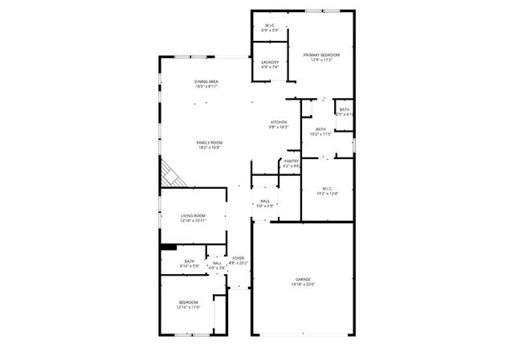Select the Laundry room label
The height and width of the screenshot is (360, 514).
click(x=270, y=62)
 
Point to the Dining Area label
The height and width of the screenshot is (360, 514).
click(x=206, y=82)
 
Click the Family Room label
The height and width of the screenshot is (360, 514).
click(x=208, y=142)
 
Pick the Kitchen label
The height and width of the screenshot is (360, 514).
click(x=278, y=122)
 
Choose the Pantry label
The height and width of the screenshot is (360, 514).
click(x=292, y=162)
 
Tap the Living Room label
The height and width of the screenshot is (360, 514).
click(x=193, y=215)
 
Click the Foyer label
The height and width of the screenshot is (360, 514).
click(x=239, y=258)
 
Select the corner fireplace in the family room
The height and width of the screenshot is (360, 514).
click(x=171, y=173)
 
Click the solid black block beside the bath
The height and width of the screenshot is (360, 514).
click(x=168, y=247)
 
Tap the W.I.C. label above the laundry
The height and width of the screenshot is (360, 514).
click(x=270, y=26)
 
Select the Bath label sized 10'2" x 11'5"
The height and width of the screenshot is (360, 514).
click(x=320, y=129)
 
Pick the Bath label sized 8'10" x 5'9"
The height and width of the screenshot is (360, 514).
click(x=190, y=261)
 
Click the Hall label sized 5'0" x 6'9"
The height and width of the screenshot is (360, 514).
click(x=265, y=201)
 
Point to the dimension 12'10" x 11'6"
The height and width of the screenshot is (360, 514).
click(x=188, y=307)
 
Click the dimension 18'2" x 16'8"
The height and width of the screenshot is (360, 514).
click(x=208, y=147)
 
